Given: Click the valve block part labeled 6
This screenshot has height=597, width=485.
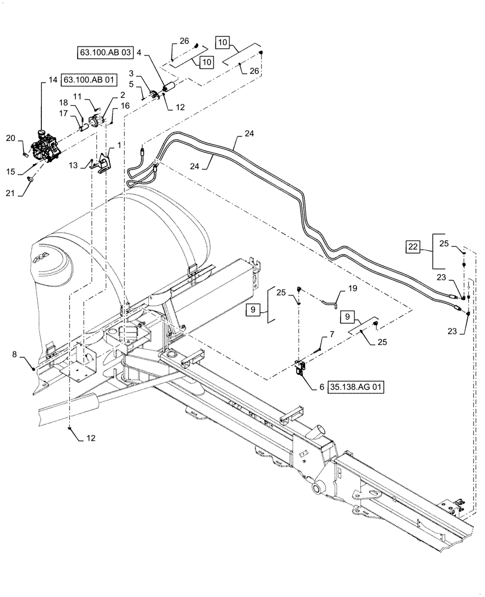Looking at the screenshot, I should [300, 368].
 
